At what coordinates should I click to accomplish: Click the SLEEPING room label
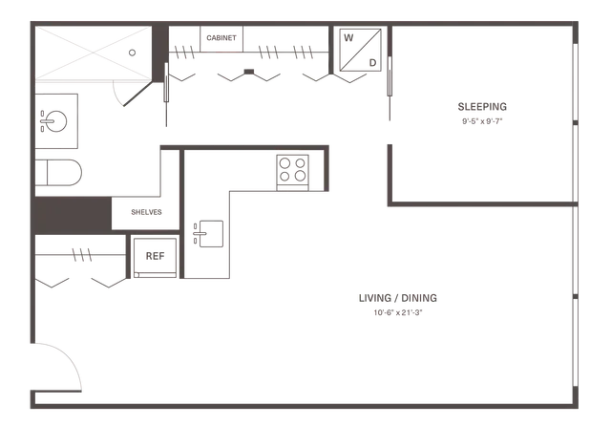pos(482,106)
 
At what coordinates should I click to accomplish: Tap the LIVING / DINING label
pos(398,298)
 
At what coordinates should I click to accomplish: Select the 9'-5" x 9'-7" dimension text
pos(482,121)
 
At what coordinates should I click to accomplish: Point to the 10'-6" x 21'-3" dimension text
pos(398,312)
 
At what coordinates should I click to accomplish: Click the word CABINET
pos(221,38)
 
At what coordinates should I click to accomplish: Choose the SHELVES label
pos(146,212)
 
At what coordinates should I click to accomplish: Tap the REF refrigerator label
pos(155,256)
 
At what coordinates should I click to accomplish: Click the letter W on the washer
pos(348,38)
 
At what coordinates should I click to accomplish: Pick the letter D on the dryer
pos(372,63)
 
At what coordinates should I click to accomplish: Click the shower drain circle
pos(132,53)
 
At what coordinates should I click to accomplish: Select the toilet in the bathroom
pos(58,172)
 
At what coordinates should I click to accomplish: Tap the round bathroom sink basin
pos(55,121)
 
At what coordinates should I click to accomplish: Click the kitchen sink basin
pos(211,234)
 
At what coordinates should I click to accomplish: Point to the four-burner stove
pos(293,173)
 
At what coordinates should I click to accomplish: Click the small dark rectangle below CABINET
pos(248,72)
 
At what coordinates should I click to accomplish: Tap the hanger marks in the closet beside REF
pos(82,255)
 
